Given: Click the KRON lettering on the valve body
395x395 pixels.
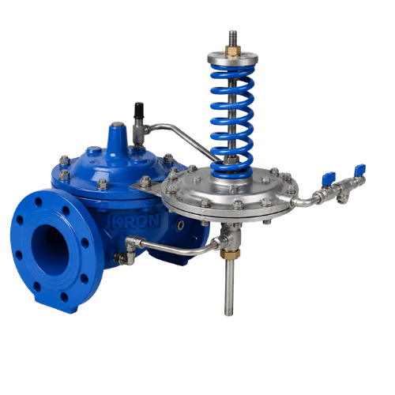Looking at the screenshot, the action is coord(136,220).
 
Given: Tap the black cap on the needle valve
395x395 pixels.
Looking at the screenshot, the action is coord(138,110).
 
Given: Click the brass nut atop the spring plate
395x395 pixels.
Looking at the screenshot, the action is coord(233,51).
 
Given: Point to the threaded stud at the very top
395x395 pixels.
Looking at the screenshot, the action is coord(232,39).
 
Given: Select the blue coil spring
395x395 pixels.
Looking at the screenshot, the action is coord(232,121).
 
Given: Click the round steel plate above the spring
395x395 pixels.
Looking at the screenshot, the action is coord(232,59).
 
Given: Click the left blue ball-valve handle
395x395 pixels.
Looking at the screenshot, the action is coord(329,175).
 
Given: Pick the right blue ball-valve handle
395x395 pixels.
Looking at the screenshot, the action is coord(359,167).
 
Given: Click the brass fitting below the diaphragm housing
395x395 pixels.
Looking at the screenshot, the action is coord(230,254).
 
